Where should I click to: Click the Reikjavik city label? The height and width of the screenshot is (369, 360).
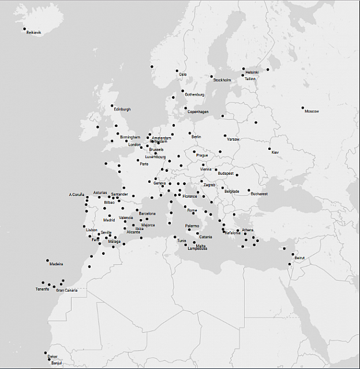(34, 33)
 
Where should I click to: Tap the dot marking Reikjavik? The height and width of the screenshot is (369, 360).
(24, 29)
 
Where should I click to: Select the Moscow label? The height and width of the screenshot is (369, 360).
(312, 111)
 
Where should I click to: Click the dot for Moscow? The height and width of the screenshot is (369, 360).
(302, 108)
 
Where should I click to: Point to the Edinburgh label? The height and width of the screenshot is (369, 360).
(122, 109)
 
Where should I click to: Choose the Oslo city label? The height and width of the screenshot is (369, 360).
(183, 74)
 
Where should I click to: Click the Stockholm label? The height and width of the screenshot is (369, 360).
(222, 80)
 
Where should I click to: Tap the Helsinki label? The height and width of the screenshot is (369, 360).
(252, 72)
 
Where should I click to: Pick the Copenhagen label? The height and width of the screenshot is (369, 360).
(198, 112)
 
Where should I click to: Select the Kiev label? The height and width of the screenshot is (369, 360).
(275, 152)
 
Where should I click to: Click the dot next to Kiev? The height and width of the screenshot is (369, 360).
(269, 149)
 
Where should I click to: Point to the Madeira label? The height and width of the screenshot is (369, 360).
(56, 264)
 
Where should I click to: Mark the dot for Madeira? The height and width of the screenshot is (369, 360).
(48, 261)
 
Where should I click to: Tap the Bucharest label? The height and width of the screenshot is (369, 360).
(259, 194)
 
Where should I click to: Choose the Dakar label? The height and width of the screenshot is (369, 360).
(52, 357)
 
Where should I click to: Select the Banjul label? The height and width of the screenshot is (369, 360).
(56, 363)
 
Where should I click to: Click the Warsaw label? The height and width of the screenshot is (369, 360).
(233, 140)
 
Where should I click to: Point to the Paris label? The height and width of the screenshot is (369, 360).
(144, 164)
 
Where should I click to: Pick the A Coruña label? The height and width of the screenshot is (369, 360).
(77, 195)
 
